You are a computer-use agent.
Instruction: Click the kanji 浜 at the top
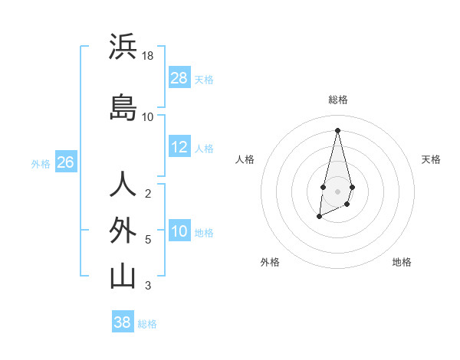(123, 47)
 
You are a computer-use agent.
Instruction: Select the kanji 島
(123, 108)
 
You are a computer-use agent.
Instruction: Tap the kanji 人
(123, 185)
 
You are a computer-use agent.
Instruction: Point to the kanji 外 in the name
(123, 231)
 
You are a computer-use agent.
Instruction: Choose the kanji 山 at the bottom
(123, 277)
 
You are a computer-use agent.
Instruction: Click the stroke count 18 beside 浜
(148, 56)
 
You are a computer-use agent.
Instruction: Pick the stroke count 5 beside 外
(148, 240)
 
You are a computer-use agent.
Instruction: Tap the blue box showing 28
(179, 78)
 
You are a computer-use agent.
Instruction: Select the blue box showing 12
(179, 147)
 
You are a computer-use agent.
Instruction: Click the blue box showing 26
(65, 162)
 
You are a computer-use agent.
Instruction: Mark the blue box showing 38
(123, 322)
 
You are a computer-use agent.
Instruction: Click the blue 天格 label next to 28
(204, 79)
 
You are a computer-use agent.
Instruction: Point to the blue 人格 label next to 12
(204, 148)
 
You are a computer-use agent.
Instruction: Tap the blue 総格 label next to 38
(147, 323)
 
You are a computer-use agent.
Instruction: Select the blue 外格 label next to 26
(41, 163)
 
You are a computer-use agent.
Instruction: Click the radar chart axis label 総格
(337, 100)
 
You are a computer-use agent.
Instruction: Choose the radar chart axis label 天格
(431, 159)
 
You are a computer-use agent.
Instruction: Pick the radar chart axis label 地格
(402, 262)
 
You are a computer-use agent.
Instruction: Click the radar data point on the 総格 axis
(337, 129)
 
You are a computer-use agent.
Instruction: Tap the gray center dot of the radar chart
(337, 190)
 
